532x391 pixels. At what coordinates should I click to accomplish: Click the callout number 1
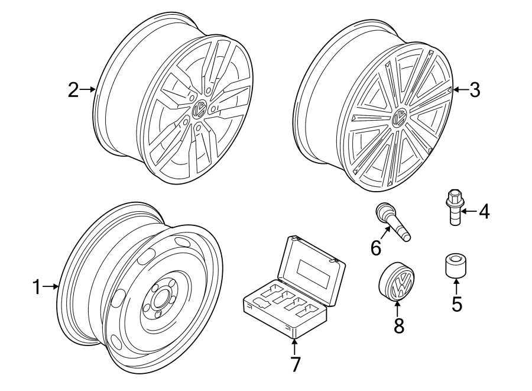pos(37,287)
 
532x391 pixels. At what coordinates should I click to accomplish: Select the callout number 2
pos(73,89)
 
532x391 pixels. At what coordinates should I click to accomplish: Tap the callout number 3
pos(475,90)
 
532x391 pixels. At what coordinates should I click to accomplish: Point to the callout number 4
pos(485,211)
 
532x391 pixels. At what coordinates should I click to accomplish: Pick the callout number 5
pos(457,304)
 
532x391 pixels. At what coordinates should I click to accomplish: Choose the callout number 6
pos(376,248)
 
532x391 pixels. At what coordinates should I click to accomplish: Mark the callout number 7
pos(295,364)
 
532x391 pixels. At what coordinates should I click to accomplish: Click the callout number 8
pos(399,325)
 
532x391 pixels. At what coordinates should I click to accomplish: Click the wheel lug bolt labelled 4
pos(453,206)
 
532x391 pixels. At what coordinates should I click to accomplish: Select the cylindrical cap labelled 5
pos(456,266)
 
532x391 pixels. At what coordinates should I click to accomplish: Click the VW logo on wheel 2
pos(199,109)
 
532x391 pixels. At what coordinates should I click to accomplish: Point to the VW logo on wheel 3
pos(400,118)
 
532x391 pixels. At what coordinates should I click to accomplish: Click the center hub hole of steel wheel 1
pos(159,299)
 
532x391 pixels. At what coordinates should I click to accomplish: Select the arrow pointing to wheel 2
pos(87,89)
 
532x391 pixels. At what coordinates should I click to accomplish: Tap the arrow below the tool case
pos(295,346)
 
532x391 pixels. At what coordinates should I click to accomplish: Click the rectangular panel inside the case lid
pos(314,273)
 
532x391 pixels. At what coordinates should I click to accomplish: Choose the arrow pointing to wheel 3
pos(460,89)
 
